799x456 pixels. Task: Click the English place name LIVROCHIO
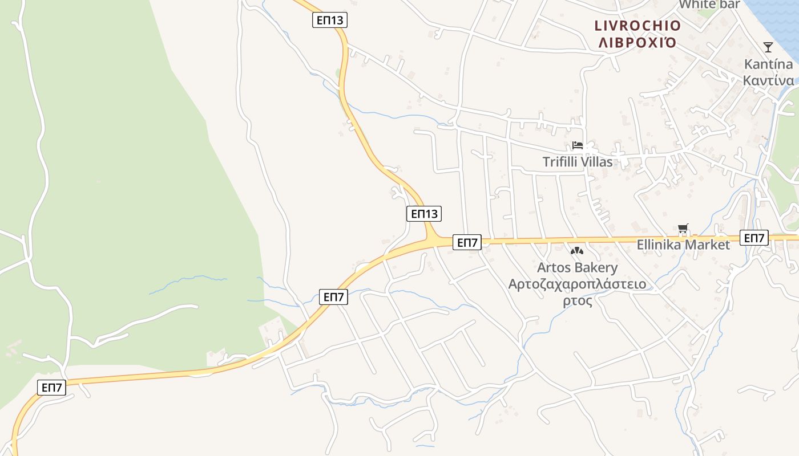(x=637, y=26)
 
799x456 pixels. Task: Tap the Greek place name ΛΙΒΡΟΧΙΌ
(x=637, y=42)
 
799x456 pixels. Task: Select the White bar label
(x=709, y=5)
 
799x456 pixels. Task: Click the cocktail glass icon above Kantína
(x=768, y=47)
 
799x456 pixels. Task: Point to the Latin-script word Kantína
(x=768, y=64)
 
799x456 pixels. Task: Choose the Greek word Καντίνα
(x=768, y=80)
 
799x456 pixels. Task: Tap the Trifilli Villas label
(x=578, y=162)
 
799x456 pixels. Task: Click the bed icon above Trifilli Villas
(x=578, y=146)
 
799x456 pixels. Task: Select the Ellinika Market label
(x=683, y=245)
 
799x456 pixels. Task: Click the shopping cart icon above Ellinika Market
(x=683, y=229)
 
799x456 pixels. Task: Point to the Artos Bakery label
(x=578, y=267)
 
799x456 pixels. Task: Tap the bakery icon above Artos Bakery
(x=577, y=251)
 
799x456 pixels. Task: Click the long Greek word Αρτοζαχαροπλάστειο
(x=578, y=284)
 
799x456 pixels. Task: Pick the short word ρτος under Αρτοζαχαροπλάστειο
(x=578, y=300)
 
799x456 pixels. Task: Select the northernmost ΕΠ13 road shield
(x=330, y=21)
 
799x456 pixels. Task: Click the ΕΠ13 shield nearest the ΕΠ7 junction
(x=424, y=214)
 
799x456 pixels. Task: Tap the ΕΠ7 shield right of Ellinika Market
(x=754, y=238)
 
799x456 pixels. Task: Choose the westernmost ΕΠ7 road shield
(x=52, y=388)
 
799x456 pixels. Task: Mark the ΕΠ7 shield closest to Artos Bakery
(x=467, y=242)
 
